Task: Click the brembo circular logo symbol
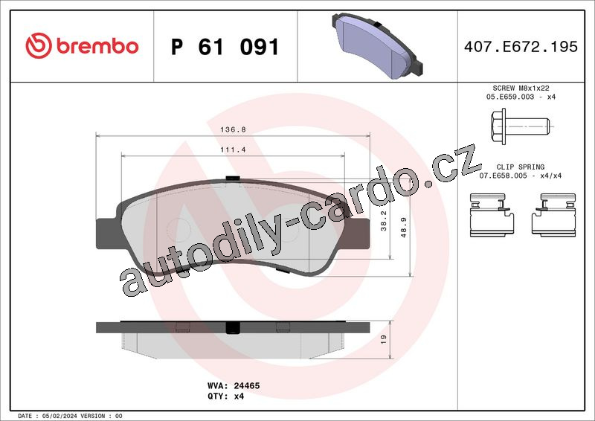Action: pyautogui.click(x=39, y=45)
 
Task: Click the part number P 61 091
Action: pyautogui.click(x=225, y=47)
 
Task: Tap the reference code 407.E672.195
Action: pyautogui.click(x=521, y=47)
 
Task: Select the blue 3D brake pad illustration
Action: pyautogui.click(x=377, y=45)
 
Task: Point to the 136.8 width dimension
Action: pyautogui.click(x=233, y=129)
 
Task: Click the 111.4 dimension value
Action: pyautogui.click(x=233, y=150)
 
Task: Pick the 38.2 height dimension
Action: pyautogui.click(x=383, y=221)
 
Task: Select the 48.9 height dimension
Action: pyautogui.click(x=403, y=228)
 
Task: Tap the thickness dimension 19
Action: pyautogui.click(x=383, y=339)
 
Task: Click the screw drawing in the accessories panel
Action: pyautogui.click(x=520, y=126)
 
